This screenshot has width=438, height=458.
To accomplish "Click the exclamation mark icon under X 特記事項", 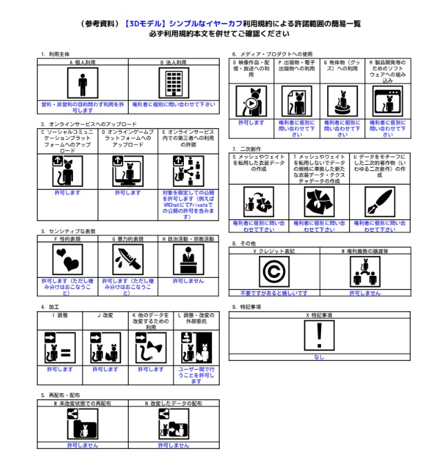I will [x=318, y=336].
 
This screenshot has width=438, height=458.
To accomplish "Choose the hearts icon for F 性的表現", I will [x=68, y=261].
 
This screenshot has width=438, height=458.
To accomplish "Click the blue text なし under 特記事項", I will [x=318, y=357].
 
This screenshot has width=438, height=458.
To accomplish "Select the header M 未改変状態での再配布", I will [x=83, y=402].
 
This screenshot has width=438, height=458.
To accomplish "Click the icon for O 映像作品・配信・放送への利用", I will [x=251, y=101].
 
